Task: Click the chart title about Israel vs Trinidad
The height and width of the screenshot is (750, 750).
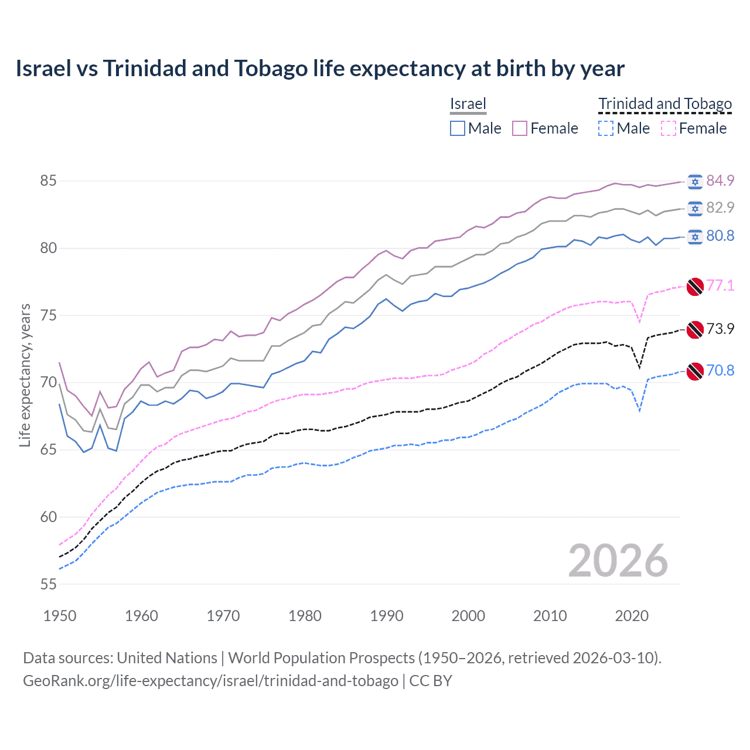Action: click(320, 69)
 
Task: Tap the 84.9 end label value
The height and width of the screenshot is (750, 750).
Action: click(720, 180)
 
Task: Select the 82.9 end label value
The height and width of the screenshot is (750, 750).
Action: click(720, 207)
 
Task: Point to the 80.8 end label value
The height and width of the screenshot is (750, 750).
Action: click(720, 236)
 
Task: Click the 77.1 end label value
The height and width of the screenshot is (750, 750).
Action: click(720, 285)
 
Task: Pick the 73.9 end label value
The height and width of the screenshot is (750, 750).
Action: click(720, 329)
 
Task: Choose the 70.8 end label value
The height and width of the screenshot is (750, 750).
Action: click(720, 370)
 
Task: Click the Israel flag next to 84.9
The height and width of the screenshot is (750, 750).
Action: click(695, 182)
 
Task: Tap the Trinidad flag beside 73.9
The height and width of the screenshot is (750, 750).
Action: click(695, 329)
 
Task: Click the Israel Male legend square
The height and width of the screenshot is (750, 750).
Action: click(458, 128)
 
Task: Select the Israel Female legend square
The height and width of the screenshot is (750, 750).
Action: click(520, 128)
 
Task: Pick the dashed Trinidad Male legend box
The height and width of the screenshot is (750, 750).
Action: click(606, 128)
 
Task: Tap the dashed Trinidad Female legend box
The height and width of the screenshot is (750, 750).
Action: click(669, 128)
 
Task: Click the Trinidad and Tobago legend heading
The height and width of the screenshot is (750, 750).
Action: click(665, 104)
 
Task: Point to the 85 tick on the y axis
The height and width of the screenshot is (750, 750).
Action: click(49, 180)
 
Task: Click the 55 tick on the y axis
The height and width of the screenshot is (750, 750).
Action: click(49, 584)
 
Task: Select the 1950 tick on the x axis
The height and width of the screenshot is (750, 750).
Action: click(60, 616)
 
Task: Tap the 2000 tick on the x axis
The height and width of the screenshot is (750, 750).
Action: click(468, 616)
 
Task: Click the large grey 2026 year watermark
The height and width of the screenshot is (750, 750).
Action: click(618, 561)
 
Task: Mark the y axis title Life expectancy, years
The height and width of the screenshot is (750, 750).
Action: click(25, 375)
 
